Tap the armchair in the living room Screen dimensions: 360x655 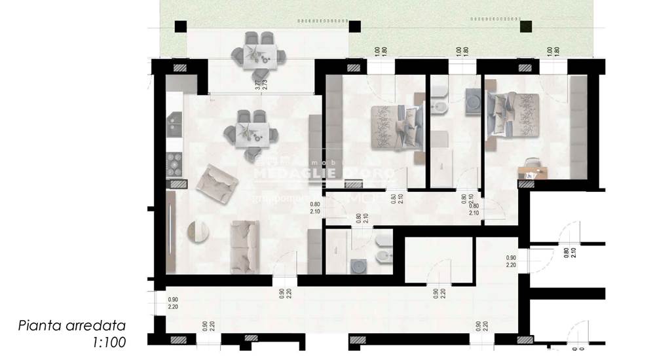[x=216, y=183]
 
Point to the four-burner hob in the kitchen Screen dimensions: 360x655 [x=174, y=165]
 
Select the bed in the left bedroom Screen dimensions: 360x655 [x=393, y=126]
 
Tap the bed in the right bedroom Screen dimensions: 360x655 [x=512, y=115]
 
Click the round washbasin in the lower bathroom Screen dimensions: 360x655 [x=358, y=266]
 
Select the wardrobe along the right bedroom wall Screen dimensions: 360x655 [x=578, y=127]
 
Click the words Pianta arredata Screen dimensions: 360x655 [x=71, y=325]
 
